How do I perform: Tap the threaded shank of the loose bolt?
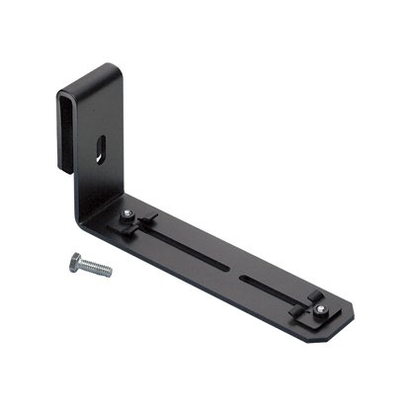pos(95,267)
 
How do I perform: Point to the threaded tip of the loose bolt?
pos(109,272)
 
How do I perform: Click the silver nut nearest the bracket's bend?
pos(128,214)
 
